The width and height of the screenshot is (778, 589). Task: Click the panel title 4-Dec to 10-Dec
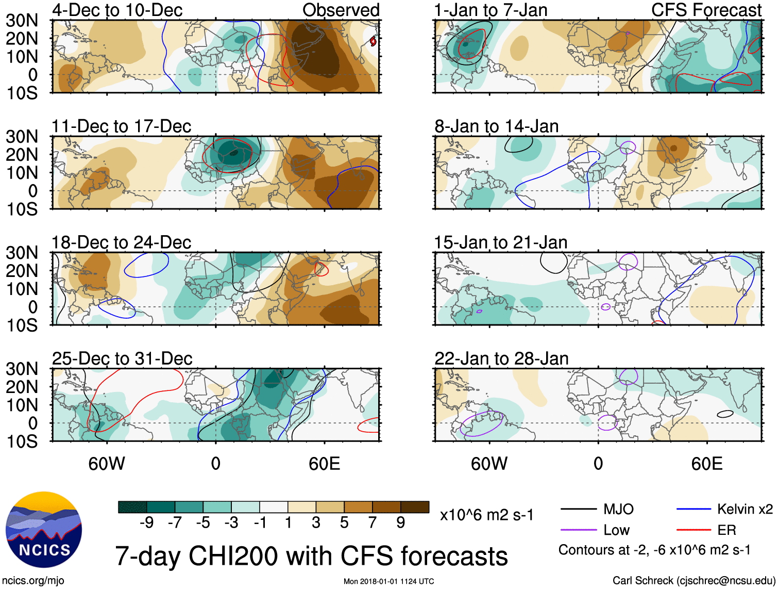(x=117, y=10)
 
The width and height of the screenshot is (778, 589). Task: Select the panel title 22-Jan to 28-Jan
(x=501, y=358)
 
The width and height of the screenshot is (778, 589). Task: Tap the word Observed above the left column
(x=341, y=10)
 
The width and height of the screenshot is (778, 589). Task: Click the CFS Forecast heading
(x=706, y=10)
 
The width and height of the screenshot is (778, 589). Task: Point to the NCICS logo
(x=44, y=530)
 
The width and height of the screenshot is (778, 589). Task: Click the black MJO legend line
(x=578, y=510)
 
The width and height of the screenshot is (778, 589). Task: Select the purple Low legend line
(x=578, y=530)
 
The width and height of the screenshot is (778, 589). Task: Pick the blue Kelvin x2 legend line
(x=694, y=510)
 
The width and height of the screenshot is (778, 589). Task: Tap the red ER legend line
(x=694, y=530)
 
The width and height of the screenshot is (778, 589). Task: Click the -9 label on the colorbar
(x=146, y=523)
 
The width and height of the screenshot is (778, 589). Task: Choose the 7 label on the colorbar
(x=373, y=523)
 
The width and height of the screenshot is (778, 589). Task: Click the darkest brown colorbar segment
(x=415, y=507)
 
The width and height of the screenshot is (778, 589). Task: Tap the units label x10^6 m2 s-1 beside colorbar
(x=487, y=515)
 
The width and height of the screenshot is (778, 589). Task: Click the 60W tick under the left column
(x=107, y=464)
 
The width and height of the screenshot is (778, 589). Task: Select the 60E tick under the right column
(x=707, y=464)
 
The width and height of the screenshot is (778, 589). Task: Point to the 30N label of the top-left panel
(x=22, y=21)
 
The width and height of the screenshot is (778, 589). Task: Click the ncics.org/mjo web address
(x=33, y=581)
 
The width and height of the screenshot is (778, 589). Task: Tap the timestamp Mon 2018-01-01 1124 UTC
(x=388, y=581)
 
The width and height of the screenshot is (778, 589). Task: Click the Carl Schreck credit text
(x=694, y=580)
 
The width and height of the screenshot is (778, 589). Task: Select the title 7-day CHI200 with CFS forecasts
(x=311, y=557)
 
